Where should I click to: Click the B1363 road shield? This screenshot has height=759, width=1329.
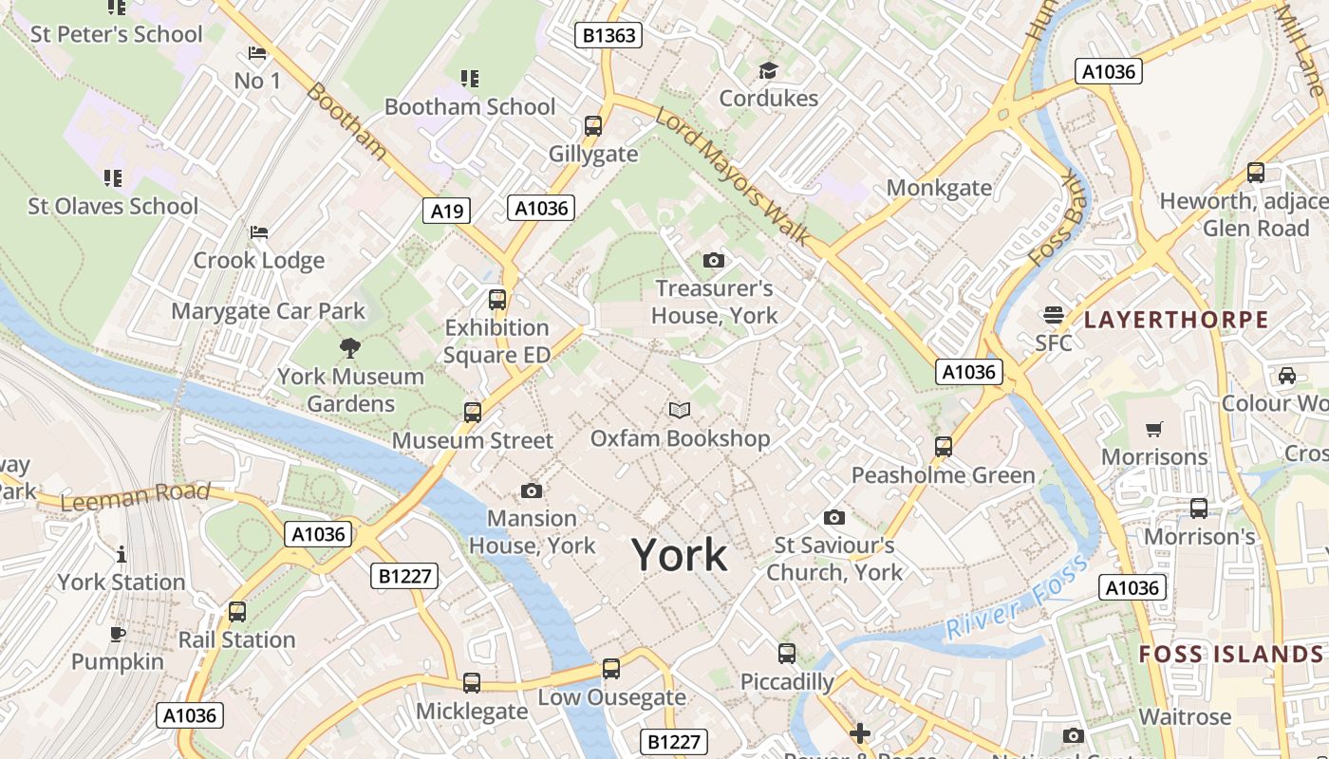(x=609, y=36)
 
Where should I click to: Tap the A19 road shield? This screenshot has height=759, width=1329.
(x=446, y=211)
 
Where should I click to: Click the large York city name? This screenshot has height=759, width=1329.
(x=680, y=555)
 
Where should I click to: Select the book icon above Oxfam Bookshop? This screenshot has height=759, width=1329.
(x=680, y=410)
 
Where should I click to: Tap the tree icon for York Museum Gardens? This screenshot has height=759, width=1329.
(x=350, y=348)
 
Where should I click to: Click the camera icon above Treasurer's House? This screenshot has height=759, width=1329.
(x=714, y=260)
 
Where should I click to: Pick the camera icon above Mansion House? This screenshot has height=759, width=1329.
(x=532, y=491)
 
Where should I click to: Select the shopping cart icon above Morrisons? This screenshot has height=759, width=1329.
(x=1154, y=429)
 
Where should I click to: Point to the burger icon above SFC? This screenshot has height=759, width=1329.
(x=1053, y=314)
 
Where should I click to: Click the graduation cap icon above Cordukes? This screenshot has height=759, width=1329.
(x=768, y=70)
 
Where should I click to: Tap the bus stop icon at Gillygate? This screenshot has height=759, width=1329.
(x=593, y=125)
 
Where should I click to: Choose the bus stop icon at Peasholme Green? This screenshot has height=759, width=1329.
(x=944, y=446)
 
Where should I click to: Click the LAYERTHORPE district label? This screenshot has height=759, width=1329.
(x=1176, y=320)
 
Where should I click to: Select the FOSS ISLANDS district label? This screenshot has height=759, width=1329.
(x=1230, y=654)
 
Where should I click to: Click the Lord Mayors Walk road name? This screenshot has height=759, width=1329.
(x=732, y=176)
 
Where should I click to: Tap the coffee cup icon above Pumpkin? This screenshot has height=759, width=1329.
(x=118, y=634)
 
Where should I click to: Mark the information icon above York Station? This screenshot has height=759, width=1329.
(x=121, y=554)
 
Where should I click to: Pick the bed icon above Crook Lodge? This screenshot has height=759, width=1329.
(x=258, y=232)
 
